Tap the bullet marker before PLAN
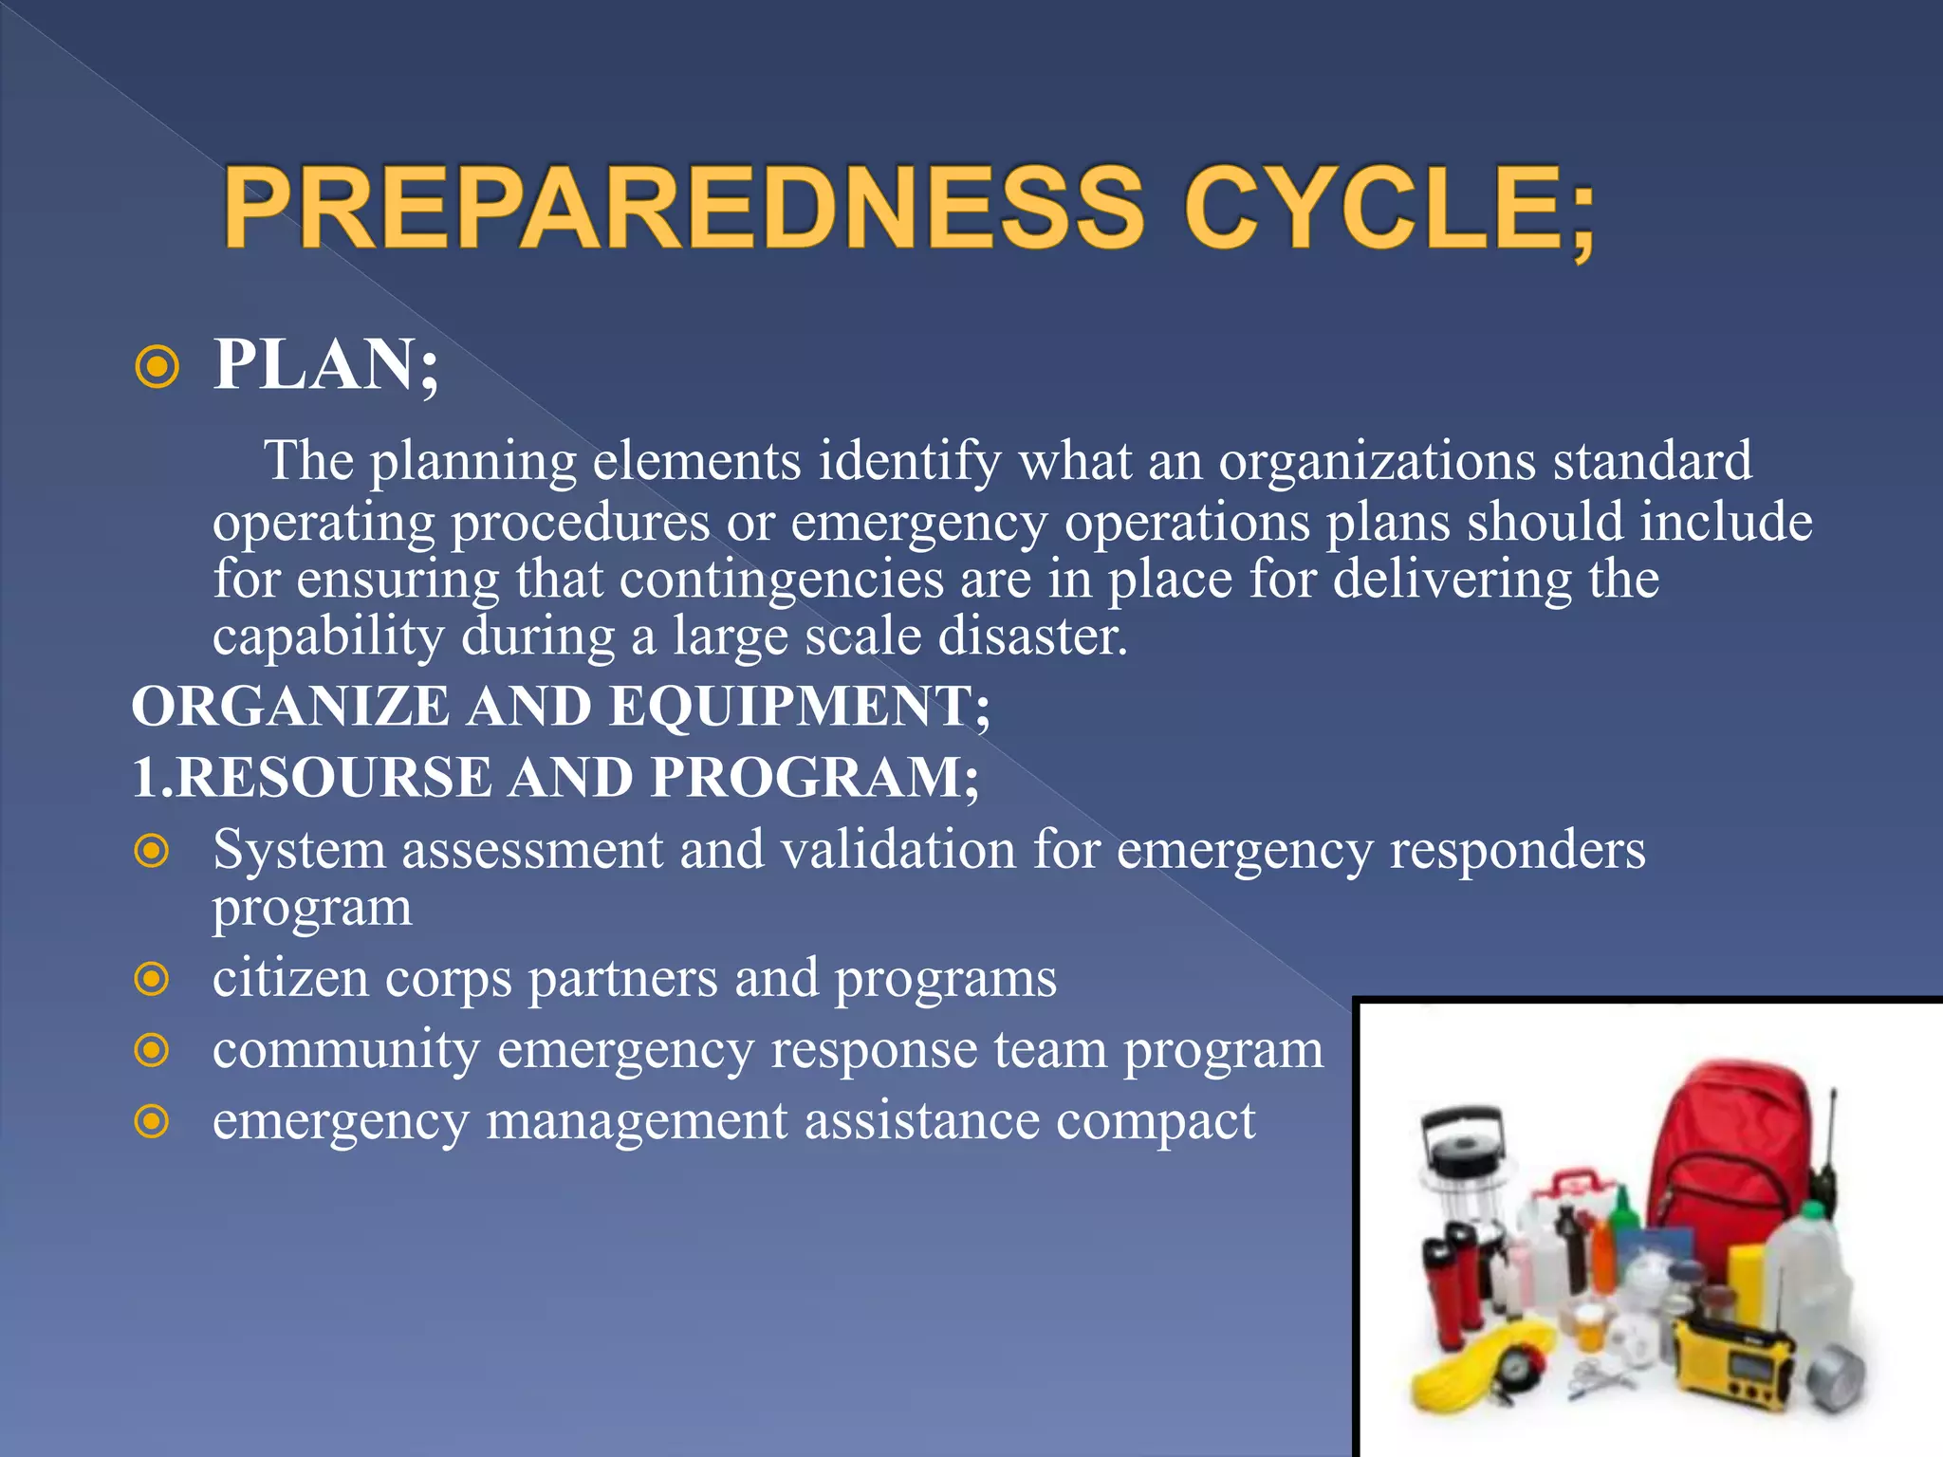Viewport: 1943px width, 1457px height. (x=157, y=367)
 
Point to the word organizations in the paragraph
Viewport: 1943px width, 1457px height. (x=1377, y=462)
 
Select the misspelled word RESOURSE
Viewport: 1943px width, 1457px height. (x=334, y=778)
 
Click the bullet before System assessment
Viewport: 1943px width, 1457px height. (x=152, y=851)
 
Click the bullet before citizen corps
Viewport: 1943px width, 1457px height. (x=152, y=979)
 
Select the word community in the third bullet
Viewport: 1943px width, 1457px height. (x=346, y=1050)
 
